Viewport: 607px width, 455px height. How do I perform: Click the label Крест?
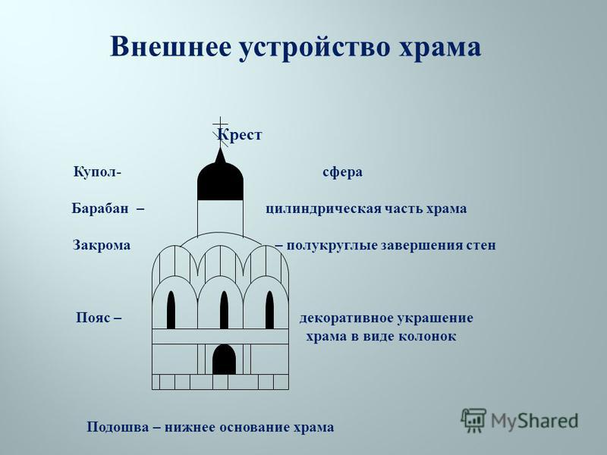point(240,135)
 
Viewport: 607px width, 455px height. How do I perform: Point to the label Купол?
point(95,171)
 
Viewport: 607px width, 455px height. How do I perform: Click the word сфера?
point(343,172)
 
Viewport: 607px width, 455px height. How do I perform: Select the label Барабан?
point(100,208)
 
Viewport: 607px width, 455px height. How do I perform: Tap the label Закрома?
point(102,245)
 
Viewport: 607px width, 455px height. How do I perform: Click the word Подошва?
point(118,427)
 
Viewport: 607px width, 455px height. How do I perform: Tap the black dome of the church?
point(220,180)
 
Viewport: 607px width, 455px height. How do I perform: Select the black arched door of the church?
point(224,359)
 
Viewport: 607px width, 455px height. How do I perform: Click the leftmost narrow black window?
point(171,310)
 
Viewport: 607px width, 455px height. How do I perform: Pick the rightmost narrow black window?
point(270,310)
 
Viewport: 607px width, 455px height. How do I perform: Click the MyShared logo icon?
point(473,420)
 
